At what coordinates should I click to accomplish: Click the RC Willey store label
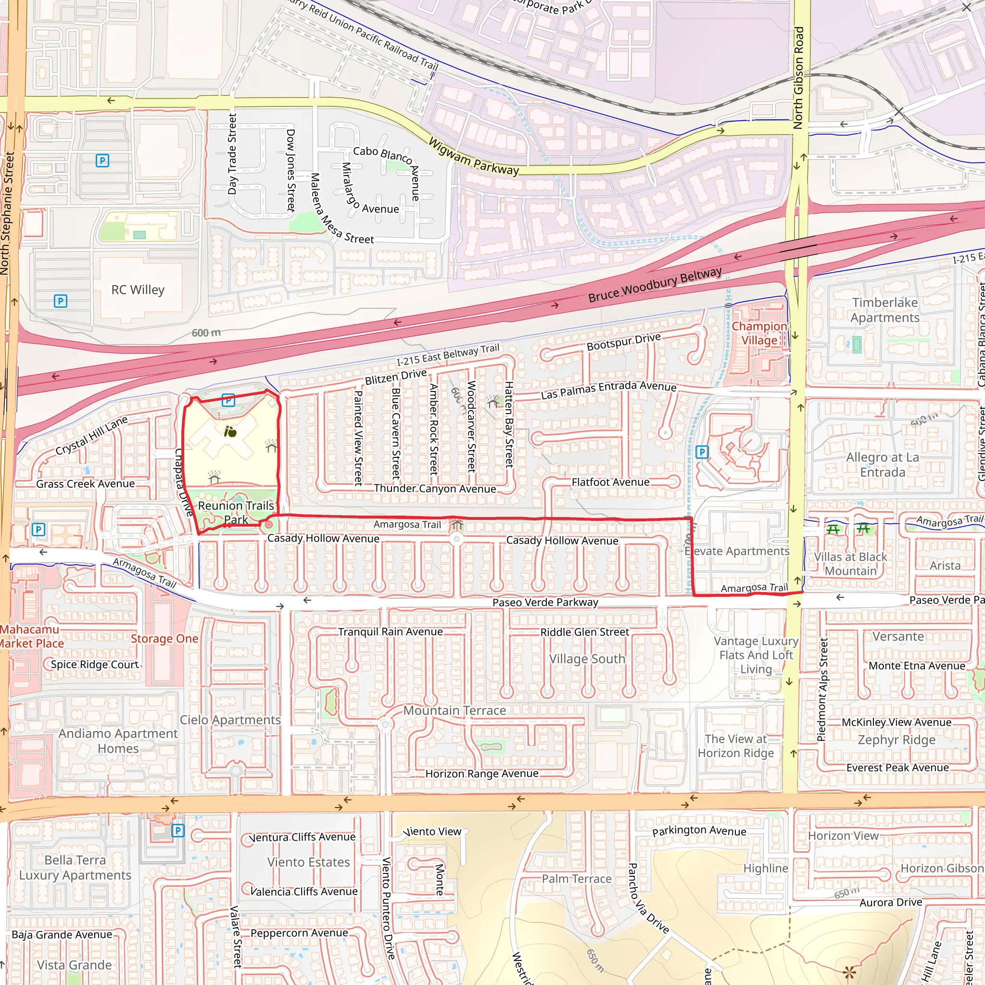tap(138, 290)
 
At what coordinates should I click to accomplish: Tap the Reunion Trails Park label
tap(236, 512)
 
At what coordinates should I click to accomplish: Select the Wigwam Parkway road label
tap(473, 156)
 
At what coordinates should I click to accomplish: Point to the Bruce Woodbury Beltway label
tap(655, 285)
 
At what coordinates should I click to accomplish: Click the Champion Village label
tap(758, 333)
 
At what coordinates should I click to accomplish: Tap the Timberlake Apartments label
tap(884, 310)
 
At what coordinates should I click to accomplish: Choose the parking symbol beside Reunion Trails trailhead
tap(228, 400)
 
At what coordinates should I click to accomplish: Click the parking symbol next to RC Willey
tap(60, 301)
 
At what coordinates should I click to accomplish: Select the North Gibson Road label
tap(798, 77)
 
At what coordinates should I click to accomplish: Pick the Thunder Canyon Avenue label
tap(434, 489)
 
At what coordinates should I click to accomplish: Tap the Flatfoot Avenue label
tap(610, 482)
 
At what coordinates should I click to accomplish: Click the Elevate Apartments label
tap(737, 551)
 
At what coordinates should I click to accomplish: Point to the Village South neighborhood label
tap(587, 659)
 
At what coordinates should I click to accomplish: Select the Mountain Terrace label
tap(454, 710)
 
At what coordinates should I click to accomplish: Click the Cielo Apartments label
tap(230, 720)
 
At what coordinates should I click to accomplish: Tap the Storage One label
tap(164, 639)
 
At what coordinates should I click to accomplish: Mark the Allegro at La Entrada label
tap(883, 465)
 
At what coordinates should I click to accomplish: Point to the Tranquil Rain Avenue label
tap(390, 631)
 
